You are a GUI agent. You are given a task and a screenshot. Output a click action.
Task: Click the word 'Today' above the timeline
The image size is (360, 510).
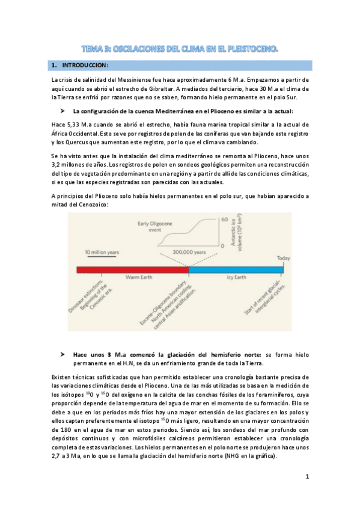[x=283, y=259]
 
